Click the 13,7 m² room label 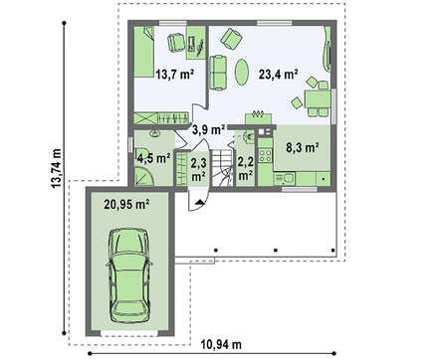[x=174, y=75]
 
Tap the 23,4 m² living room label [x=278, y=75]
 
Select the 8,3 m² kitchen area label [x=303, y=147]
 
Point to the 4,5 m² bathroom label [x=154, y=158]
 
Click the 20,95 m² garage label [x=126, y=205]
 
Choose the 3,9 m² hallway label [x=209, y=129]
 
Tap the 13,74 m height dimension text [x=56, y=168]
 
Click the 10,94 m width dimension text [x=221, y=345]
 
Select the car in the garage [x=128, y=275]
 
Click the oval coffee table [x=242, y=72]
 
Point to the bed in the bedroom [x=144, y=52]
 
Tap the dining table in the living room [x=318, y=98]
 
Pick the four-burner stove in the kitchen [x=265, y=155]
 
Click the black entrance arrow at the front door [x=199, y=202]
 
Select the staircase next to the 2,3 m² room [x=222, y=168]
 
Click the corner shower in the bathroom [x=144, y=176]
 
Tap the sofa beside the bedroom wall [x=218, y=73]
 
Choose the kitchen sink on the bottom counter [x=286, y=179]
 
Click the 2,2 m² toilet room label [x=246, y=168]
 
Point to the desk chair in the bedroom [x=176, y=42]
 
